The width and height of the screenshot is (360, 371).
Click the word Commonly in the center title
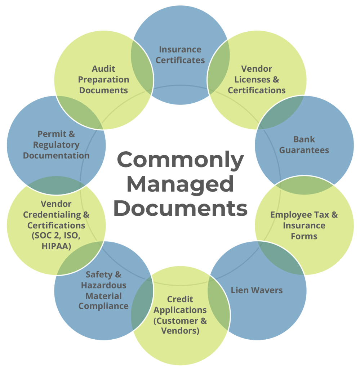pos(180,160)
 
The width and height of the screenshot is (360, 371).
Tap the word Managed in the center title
pos(180,184)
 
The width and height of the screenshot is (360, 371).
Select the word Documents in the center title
pos(180,208)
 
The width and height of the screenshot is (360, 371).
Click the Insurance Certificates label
pos(180,55)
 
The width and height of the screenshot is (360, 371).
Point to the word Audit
pos(103,68)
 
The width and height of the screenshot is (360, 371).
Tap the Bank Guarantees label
pos(304,145)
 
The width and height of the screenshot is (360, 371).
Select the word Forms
pos(304,237)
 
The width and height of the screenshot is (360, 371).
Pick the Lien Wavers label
pos(257,290)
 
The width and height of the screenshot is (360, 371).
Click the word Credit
pos(180,299)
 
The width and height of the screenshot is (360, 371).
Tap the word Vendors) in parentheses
pos(180,331)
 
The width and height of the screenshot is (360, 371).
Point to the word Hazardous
pos(103,286)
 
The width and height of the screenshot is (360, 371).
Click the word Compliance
pos(103,306)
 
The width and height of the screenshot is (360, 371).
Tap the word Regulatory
pos(56,145)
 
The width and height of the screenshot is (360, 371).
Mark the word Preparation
pos(103,79)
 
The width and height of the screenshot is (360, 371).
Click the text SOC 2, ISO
pos(56,236)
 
